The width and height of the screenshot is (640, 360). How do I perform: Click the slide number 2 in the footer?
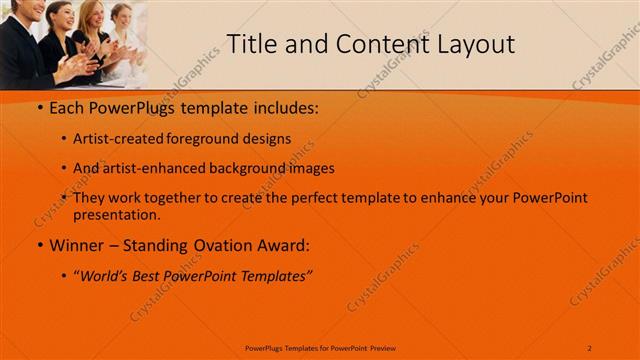(x=590, y=347)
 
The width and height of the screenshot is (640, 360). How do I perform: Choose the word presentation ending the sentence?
(x=115, y=214)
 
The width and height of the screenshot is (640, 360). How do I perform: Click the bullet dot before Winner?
(x=39, y=245)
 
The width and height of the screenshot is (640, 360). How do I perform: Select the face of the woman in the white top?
(x=122, y=18)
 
